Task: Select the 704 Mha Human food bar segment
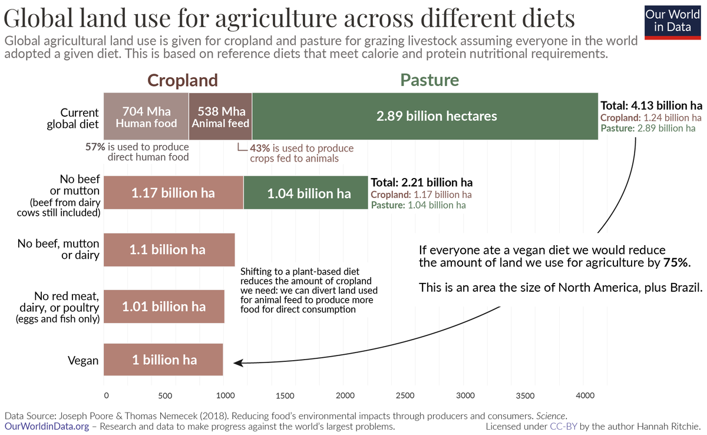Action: coord(146,116)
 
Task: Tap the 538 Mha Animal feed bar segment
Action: coord(220,116)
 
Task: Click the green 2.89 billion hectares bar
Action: coord(425,116)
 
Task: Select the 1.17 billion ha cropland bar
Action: coord(173,193)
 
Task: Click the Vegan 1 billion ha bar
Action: coord(163,360)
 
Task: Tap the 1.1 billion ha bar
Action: coord(169,249)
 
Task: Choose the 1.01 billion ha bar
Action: coord(164,307)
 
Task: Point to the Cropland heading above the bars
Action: coord(182,80)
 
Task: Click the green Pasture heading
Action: coord(430,80)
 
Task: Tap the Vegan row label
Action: coord(82,360)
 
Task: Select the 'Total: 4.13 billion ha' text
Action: coord(651,106)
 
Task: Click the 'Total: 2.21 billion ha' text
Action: coord(421,183)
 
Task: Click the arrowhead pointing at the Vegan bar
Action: coord(237,362)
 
